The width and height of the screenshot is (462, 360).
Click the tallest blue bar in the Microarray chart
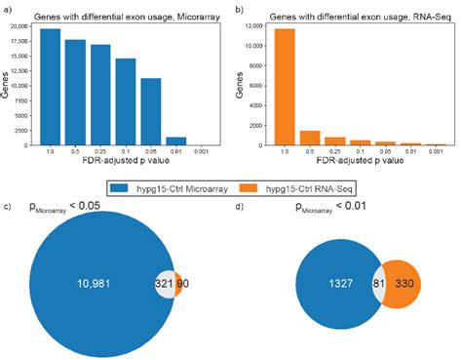pos(50,89)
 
